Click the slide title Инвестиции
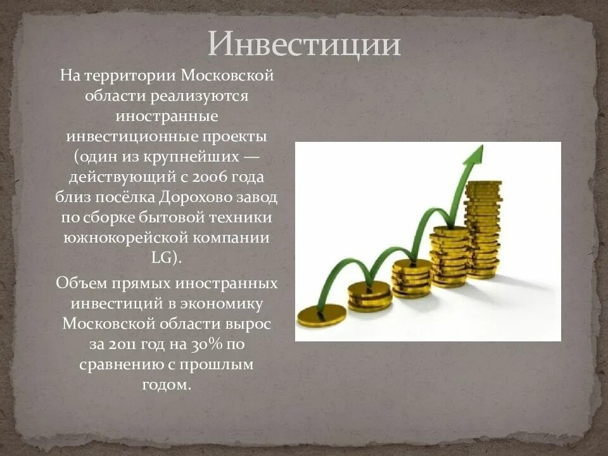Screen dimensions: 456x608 tap(305, 45)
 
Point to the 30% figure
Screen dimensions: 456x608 tap(208, 346)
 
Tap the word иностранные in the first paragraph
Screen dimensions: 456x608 tap(167, 117)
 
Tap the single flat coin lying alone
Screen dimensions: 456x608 tap(321, 313)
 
